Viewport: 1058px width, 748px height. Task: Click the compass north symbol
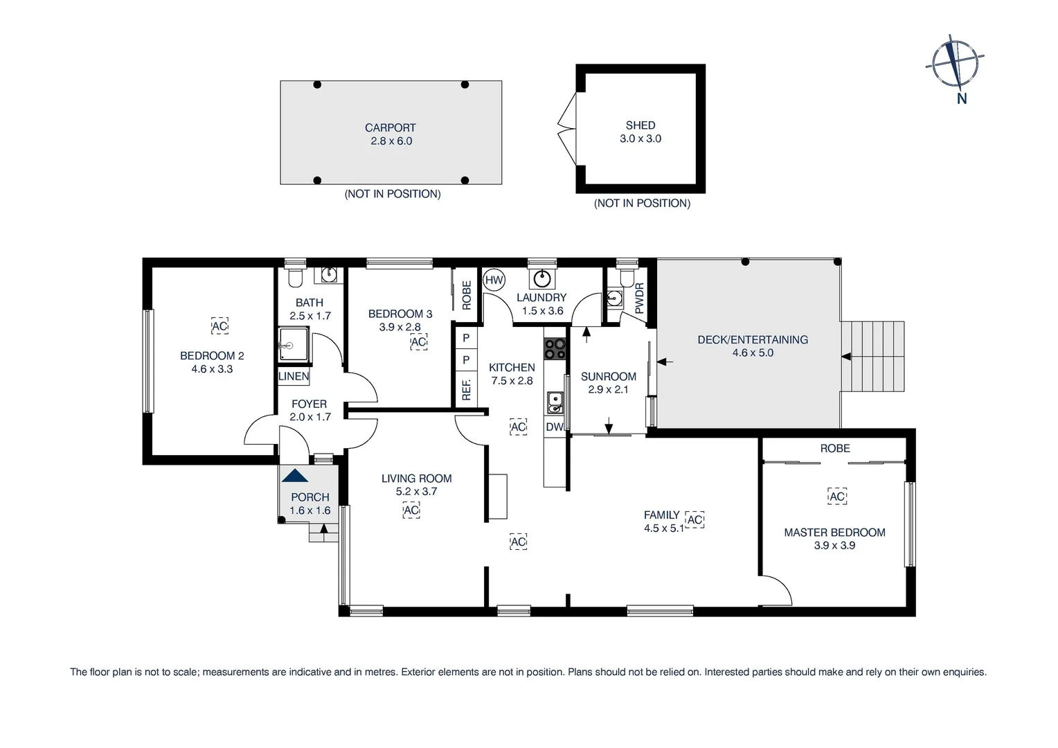click(x=956, y=64)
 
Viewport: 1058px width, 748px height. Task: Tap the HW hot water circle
click(x=494, y=280)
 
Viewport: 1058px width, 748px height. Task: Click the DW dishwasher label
click(x=555, y=427)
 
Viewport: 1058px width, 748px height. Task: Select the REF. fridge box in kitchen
click(x=466, y=389)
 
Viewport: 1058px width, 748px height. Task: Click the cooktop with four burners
click(x=555, y=349)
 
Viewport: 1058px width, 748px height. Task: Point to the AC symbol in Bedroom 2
click(x=219, y=326)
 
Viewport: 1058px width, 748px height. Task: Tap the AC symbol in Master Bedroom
click(x=837, y=497)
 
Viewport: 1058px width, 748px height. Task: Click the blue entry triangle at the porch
click(x=295, y=475)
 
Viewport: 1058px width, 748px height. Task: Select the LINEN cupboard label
click(x=294, y=377)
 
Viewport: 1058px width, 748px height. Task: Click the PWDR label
click(x=639, y=299)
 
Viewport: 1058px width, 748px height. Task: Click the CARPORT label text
click(x=391, y=127)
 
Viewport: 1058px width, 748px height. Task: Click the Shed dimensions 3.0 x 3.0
click(x=640, y=139)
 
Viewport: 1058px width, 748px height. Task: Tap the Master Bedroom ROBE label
click(x=835, y=448)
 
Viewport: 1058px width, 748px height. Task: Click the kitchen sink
click(x=554, y=402)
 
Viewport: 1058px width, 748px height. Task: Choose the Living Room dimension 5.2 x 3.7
click(x=416, y=492)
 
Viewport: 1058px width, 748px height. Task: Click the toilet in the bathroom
click(x=295, y=278)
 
